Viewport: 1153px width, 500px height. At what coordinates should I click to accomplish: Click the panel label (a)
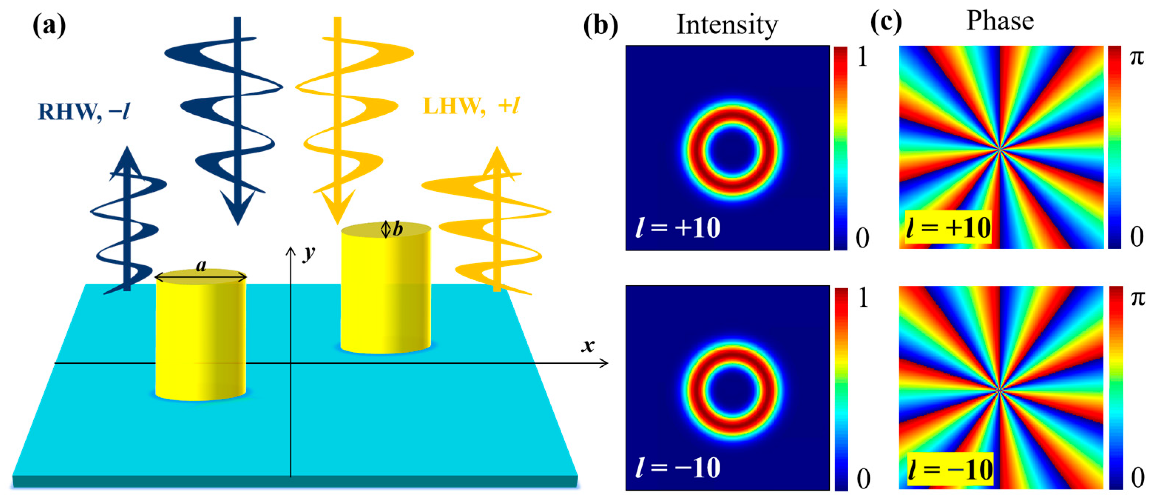point(49,26)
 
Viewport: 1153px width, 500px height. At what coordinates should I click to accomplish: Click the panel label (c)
point(886,23)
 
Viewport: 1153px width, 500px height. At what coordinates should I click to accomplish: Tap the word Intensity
point(727,25)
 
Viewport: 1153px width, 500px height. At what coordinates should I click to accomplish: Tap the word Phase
point(1000,21)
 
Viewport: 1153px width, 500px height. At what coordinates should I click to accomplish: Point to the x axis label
point(588,345)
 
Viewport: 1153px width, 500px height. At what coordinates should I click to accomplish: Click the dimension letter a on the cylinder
point(201,266)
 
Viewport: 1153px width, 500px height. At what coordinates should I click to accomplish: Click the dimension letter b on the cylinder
point(398,229)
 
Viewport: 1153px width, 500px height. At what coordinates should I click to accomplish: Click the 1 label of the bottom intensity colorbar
point(862,298)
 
